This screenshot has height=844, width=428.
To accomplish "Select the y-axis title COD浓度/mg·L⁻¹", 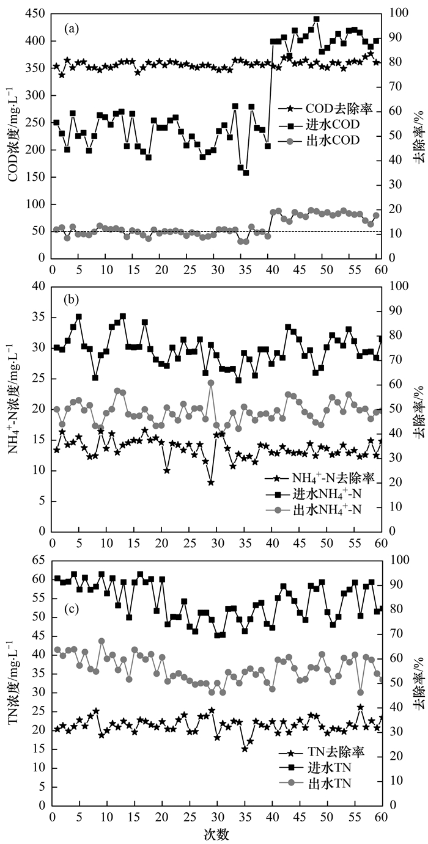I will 12,136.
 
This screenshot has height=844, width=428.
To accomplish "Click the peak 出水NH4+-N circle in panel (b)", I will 210,383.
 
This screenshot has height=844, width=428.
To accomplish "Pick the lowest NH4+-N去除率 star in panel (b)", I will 210,482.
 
